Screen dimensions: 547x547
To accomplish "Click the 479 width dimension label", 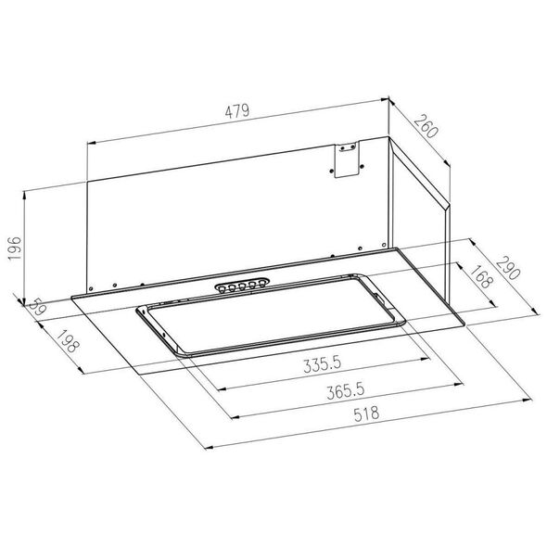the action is tap(237, 111).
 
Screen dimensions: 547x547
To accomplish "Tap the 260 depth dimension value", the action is tap(426, 126).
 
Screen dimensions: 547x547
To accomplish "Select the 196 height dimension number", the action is tap(15, 248).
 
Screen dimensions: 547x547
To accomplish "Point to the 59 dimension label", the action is tap(37, 307).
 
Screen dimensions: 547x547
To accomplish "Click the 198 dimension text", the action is tap(69, 341).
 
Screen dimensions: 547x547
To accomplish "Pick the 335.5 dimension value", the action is tap(322, 365).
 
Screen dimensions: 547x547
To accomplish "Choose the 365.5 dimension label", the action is tap(346, 390).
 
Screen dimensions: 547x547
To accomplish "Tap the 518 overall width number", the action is tap(366, 414).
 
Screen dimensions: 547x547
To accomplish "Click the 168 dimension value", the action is tap(482, 276).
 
